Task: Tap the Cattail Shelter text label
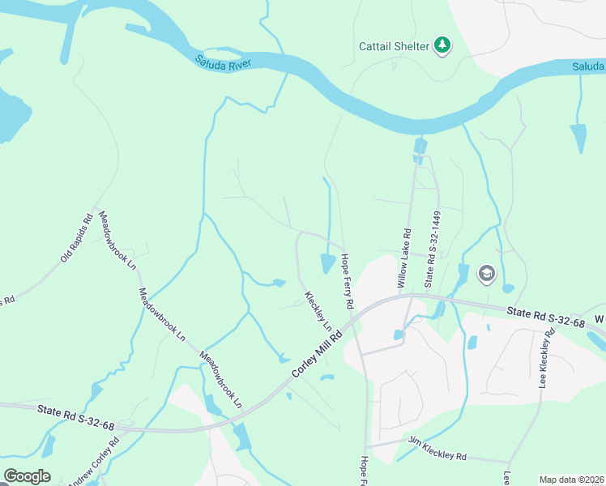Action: (x=394, y=46)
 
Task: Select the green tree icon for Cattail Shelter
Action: (x=442, y=45)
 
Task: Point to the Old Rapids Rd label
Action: (x=78, y=239)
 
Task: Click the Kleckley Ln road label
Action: (x=318, y=310)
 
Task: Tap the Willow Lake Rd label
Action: (x=403, y=258)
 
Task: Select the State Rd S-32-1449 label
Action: (x=431, y=249)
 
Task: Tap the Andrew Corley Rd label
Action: (x=93, y=462)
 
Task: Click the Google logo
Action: (x=27, y=476)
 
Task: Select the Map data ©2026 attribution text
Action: (x=571, y=480)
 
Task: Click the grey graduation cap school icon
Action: (x=486, y=274)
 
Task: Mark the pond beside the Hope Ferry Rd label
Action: (x=328, y=263)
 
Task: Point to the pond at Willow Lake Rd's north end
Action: (x=420, y=147)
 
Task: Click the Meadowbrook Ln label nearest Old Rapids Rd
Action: (x=116, y=240)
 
